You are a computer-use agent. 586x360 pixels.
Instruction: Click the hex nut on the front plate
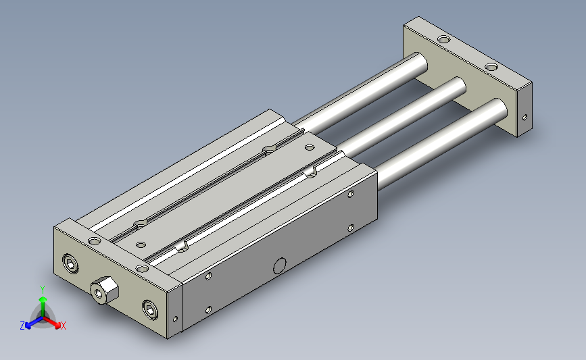click(104, 290)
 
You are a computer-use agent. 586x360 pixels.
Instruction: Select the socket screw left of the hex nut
click(71, 264)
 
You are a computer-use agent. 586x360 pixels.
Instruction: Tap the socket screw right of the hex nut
click(150, 309)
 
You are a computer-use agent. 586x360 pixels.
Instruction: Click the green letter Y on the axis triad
click(43, 290)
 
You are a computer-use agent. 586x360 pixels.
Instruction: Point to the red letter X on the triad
click(63, 326)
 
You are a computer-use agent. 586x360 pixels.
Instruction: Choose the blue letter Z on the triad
click(22, 326)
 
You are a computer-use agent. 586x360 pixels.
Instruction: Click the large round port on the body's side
click(280, 266)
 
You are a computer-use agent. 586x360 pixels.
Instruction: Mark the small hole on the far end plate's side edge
click(524, 118)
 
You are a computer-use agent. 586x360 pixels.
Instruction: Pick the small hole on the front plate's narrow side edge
click(175, 319)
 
